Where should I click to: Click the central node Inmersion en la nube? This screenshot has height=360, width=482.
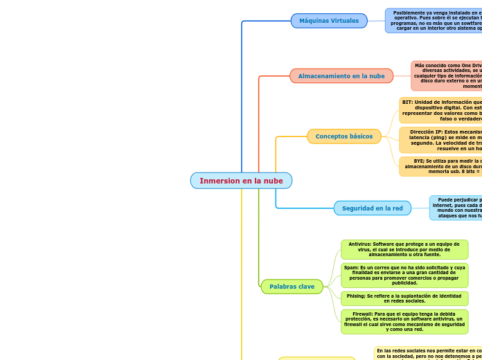tap(241, 181)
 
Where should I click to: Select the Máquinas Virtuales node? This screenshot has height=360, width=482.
tap(329, 21)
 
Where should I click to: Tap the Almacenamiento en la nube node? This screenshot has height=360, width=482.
tap(341, 75)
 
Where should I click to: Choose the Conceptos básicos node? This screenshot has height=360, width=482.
tap(344, 136)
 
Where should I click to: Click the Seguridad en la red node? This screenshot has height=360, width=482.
tap(373, 208)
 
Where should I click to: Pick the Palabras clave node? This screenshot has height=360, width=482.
tap(292, 286)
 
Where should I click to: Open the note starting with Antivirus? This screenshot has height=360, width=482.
tap(404, 249)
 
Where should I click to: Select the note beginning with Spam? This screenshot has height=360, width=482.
tap(404, 275)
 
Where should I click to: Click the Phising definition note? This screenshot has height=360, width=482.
tap(404, 298)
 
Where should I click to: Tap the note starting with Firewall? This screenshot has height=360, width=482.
tap(404, 322)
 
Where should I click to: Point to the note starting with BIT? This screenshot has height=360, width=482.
tap(440, 110)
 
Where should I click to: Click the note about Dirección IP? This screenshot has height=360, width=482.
tap(440, 140)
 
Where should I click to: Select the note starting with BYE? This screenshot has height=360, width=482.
tap(440, 166)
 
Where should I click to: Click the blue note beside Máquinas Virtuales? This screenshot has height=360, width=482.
tap(434, 21)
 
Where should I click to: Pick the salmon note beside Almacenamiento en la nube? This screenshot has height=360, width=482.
tap(447, 75)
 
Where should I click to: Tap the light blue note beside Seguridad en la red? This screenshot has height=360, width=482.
tap(456, 208)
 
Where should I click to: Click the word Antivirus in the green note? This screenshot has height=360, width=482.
tap(359, 244)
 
